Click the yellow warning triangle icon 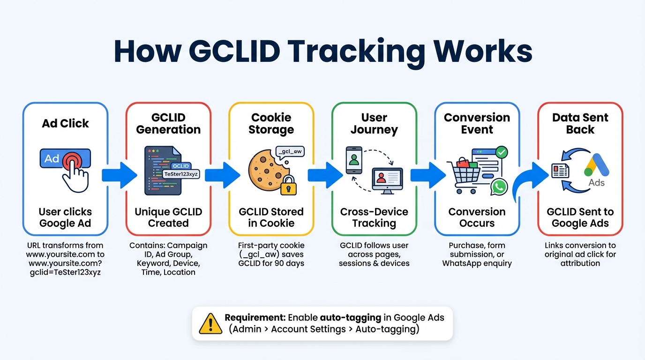pyautogui.click(x=210, y=323)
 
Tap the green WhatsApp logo pyautogui.click(x=499, y=187)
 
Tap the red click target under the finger pyautogui.click(x=73, y=160)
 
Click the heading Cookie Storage pyautogui.click(x=271, y=123)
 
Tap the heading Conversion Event pyautogui.click(x=477, y=123)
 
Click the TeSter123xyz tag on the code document pyautogui.click(x=181, y=174)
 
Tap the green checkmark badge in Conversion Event pyautogui.click(x=501, y=152)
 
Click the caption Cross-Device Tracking pyautogui.click(x=374, y=217)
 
